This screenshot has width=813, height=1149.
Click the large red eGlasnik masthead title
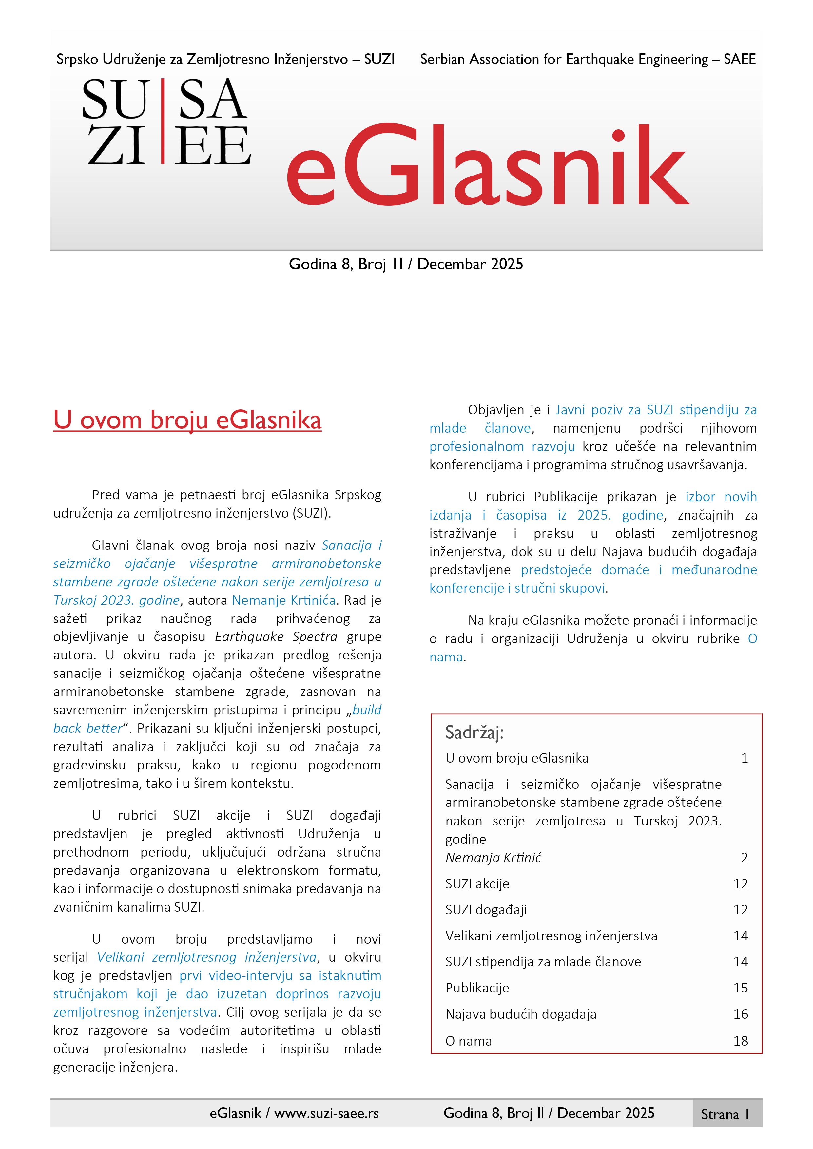487,165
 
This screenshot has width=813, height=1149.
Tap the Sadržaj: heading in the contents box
474,732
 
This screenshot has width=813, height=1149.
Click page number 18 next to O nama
740,1041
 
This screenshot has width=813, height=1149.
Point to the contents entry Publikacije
477,988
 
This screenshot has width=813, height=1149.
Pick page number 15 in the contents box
740,988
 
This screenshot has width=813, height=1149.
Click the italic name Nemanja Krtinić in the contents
493,858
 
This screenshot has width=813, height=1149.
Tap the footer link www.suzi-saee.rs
326,1113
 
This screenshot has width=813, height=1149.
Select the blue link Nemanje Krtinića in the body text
283,600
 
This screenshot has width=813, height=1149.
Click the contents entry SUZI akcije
477,884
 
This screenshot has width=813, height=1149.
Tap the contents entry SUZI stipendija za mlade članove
543,962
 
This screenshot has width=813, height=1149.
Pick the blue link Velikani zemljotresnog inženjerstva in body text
206,957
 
